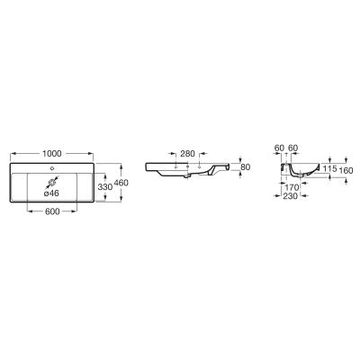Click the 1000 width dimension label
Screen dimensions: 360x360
[x=52, y=154]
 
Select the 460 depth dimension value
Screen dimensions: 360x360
[x=121, y=183]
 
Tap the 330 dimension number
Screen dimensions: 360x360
[x=105, y=187]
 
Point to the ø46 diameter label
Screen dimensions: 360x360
[x=51, y=193]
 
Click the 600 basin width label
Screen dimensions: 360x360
[x=52, y=211]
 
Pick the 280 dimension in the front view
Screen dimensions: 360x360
[x=187, y=154]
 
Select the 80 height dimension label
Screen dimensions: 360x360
[x=246, y=167]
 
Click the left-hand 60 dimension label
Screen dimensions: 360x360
[x=279, y=148]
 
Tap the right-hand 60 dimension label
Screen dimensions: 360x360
[x=292, y=148]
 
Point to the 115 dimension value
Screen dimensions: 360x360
[x=329, y=169]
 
